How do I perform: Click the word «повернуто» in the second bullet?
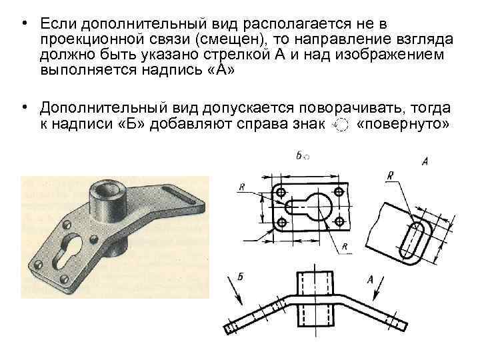403,124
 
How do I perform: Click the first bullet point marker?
25,23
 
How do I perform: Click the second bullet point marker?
25,107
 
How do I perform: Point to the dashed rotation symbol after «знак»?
341,125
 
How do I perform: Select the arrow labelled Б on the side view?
235,291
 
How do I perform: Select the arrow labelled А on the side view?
378,289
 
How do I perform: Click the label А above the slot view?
425,161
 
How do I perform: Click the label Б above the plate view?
299,155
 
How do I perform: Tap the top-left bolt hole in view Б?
281,193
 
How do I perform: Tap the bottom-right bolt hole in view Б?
338,221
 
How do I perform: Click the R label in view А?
390,176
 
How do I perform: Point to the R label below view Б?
345,247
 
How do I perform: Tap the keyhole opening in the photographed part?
68,251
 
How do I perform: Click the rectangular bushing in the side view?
315,299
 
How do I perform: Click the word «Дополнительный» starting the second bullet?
104,108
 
